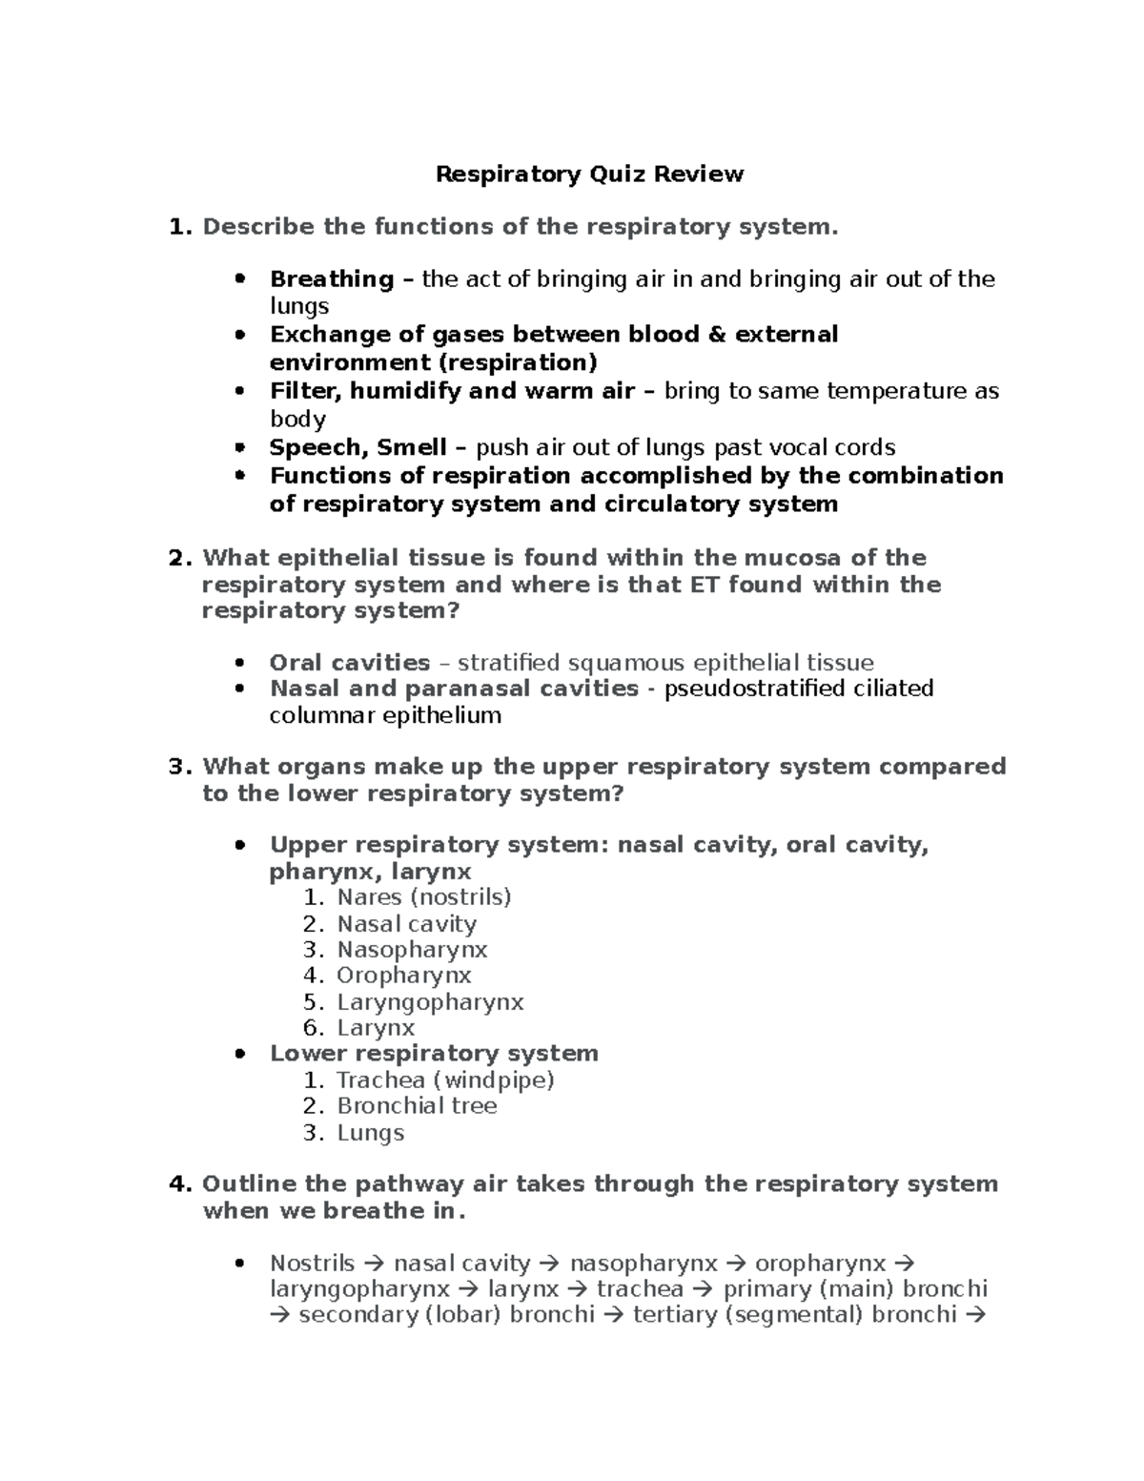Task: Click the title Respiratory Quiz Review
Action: point(589,174)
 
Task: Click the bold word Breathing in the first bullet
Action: point(331,279)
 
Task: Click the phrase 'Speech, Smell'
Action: point(357,447)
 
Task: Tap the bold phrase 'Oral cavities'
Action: point(349,663)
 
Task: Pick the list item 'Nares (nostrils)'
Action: point(423,897)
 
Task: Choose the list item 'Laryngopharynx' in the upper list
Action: point(430,1002)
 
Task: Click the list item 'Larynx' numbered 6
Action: point(376,1028)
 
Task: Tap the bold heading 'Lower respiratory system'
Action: point(434,1054)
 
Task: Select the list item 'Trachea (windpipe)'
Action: point(445,1080)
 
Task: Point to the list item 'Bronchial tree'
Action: point(417,1106)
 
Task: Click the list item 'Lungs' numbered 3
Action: point(370,1133)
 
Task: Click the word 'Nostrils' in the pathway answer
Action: point(312,1264)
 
